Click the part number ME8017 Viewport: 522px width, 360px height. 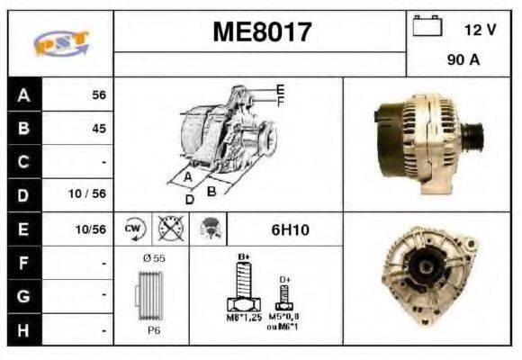[x=262, y=33]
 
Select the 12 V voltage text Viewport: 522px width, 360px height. [x=480, y=30]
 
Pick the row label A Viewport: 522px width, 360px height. [x=22, y=94]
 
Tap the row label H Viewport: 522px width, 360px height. [x=22, y=330]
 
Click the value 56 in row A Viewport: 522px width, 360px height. [x=99, y=94]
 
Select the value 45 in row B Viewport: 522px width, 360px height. [x=99, y=129]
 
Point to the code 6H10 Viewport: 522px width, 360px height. [x=290, y=229]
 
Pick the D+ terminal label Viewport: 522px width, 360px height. [x=284, y=279]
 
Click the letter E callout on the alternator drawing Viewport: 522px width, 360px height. [x=281, y=88]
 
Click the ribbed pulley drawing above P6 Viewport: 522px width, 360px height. [x=150, y=294]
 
